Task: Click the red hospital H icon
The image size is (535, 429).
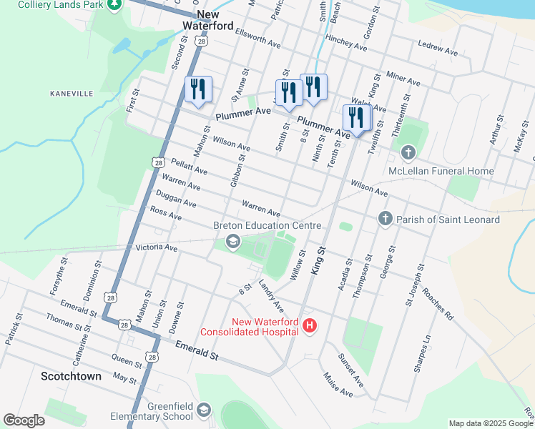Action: [310, 326]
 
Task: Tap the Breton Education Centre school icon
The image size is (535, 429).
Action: [232, 242]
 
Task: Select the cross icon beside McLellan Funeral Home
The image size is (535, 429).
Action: [408, 152]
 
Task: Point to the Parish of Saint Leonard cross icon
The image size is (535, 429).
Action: [385, 219]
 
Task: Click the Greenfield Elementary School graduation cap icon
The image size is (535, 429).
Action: [204, 410]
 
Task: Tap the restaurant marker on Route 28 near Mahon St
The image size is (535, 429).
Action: [198, 89]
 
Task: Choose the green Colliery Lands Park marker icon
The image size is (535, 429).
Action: [114, 5]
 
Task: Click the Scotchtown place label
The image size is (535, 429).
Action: [71, 376]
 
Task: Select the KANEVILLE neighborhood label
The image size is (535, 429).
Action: [72, 94]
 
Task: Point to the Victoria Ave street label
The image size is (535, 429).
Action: [156, 248]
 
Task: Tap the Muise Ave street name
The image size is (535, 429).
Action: [338, 384]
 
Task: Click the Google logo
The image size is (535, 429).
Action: [24, 420]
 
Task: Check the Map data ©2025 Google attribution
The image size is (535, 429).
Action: [490, 423]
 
